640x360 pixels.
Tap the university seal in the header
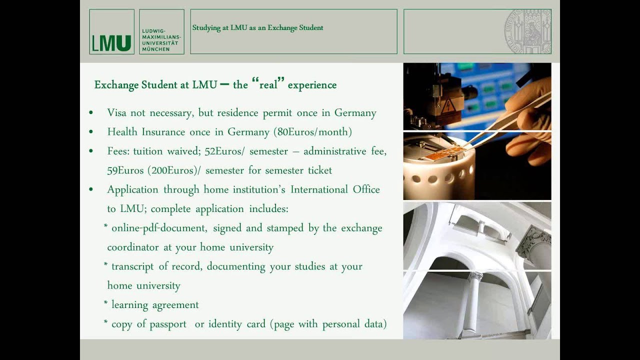[527, 31]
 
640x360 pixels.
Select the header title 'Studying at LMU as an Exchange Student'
[257, 28]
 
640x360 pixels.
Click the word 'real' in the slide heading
[268, 85]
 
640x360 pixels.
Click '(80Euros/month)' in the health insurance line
[312, 132]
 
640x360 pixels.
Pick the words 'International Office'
[335, 189]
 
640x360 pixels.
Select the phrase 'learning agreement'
[155, 305]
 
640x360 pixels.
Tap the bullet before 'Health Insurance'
[91, 132]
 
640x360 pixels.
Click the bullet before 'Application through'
[91, 190]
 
